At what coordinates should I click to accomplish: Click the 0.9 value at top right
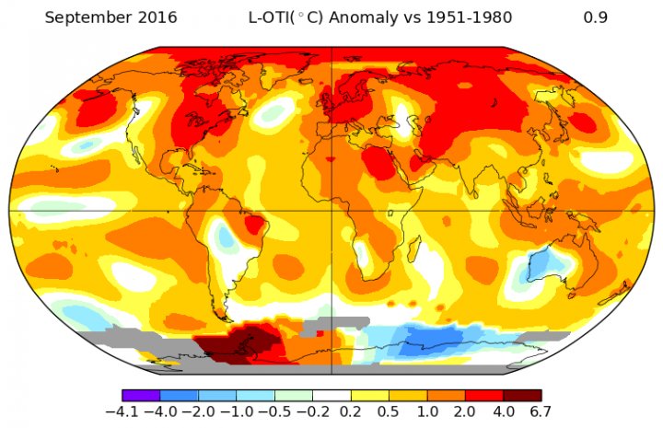tap(595, 18)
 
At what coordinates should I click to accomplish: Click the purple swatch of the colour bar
tap(141, 395)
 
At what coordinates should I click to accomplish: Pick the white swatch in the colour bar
tap(331, 395)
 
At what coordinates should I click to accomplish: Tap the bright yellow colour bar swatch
tap(369, 395)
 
